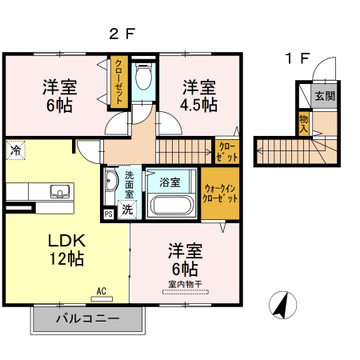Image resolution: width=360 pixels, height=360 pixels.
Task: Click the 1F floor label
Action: (298, 58)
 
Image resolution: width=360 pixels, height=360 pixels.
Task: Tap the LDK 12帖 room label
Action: (66, 249)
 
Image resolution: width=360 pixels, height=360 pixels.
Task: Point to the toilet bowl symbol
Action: (145, 78)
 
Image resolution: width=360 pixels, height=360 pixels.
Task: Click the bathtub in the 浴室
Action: (170, 205)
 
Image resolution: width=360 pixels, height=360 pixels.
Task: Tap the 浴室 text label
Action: (170, 182)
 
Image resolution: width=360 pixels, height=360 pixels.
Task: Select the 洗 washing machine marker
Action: (127, 211)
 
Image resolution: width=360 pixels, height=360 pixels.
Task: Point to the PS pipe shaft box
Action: (108, 214)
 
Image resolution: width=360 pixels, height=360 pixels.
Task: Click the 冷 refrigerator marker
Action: (16, 150)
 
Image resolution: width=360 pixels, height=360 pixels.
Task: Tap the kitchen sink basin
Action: (59, 191)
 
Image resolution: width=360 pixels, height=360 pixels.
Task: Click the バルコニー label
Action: (87, 319)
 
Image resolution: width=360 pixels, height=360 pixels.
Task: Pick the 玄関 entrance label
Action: (324, 96)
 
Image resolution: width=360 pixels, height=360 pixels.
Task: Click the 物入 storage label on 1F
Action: (304, 124)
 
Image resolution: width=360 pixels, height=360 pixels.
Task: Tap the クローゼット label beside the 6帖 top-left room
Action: (118, 82)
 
